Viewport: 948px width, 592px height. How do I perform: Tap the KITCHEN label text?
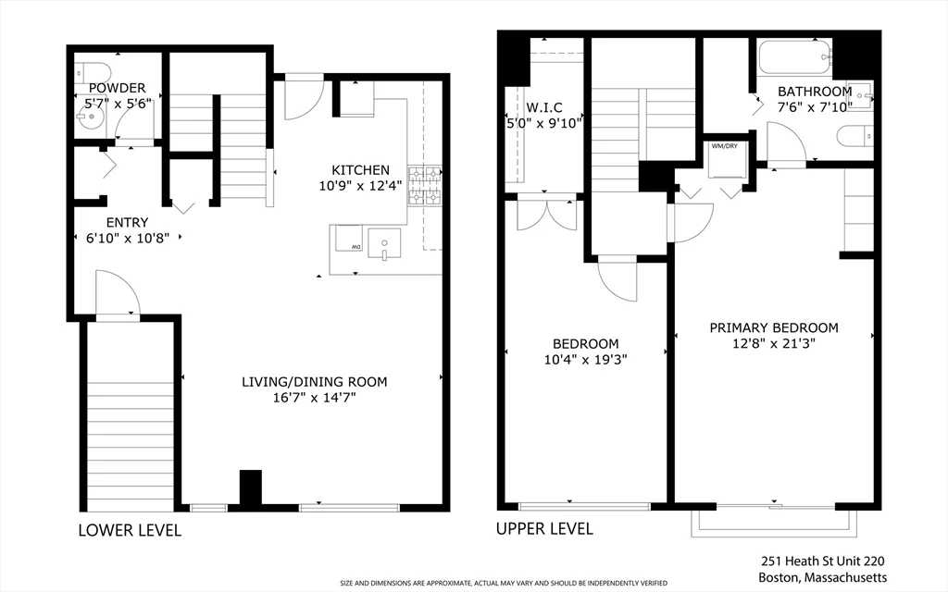[360, 170]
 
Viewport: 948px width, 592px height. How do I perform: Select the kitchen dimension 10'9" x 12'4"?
[360, 186]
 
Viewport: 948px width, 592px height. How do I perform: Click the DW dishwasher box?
[349, 240]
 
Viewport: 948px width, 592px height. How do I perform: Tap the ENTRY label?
[127, 222]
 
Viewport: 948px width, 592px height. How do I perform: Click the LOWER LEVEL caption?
[130, 531]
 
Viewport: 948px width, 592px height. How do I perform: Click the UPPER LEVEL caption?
[544, 529]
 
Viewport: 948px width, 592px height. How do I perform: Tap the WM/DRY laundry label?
[724, 146]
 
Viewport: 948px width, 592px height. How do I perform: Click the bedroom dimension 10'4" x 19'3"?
[585, 360]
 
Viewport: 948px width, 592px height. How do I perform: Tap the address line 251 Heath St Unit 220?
[824, 561]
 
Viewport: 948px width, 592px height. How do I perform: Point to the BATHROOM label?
[814, 92]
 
